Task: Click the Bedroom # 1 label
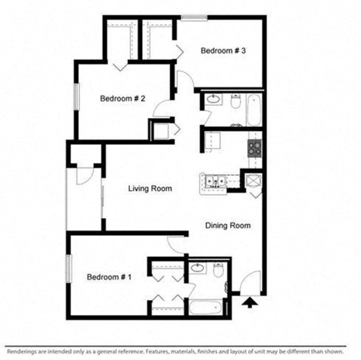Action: point(109,277)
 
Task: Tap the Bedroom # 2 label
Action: point(123,98)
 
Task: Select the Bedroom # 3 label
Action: point(223,50)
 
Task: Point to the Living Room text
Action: point(150,189)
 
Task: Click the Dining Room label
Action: point(228,225)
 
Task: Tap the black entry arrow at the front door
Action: point(249,302)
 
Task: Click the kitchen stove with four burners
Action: point(255,144)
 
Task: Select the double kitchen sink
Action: point(214,181)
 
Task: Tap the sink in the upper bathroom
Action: point(213,98)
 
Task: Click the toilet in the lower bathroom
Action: point(219,269)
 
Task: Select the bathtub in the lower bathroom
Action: point(205,307)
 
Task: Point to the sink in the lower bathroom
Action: point(199,268)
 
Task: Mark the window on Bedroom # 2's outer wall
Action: point(75,98)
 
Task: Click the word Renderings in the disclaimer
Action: point(22,351)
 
